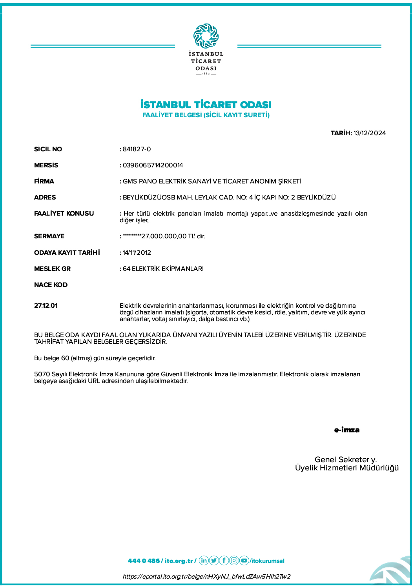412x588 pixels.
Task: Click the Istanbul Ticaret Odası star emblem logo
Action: tap(206, 36)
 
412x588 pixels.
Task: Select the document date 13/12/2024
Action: tap(369, 133)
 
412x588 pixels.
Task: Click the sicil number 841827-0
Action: tap(137, 149)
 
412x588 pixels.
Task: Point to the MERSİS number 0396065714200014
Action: tap(153, 165)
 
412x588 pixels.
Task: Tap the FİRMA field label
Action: tap(44, 181)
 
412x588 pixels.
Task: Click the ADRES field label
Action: tap(45, 198)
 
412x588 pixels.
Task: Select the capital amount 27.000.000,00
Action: tap(164, 236)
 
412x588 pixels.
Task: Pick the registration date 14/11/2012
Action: tap(137, 253)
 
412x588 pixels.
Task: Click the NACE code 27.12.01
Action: tap(46, 306)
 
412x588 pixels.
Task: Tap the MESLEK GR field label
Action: tap(52, 269)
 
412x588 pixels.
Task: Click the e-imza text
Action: tap(347, 430)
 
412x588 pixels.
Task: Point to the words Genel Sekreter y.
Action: tap(346, 459)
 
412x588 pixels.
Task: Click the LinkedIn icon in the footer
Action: tap(204, 561)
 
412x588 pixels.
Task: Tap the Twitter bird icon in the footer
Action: tap(214, 561)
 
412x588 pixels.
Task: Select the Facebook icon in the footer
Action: tap(224, 561)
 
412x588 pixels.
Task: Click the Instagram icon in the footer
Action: tap(234, 561)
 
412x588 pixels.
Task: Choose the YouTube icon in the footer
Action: tap(244, 561)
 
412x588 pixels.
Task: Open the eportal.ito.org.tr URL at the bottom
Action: tap(206, 577)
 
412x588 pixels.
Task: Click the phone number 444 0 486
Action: tap(144, 561)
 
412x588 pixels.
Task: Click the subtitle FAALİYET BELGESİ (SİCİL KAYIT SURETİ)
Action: tap(206, 115)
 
